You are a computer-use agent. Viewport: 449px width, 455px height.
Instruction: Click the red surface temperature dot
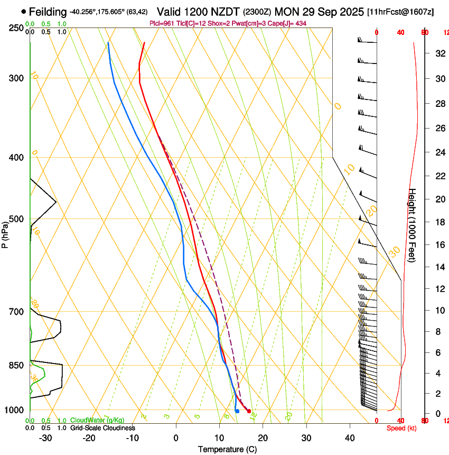tap(249, 411)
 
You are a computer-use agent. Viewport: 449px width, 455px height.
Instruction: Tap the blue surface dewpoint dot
tap(237, 411)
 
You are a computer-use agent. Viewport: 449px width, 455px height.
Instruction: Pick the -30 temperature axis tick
tap(45, 438)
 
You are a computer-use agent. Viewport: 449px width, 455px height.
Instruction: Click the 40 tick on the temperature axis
tap(350, 438)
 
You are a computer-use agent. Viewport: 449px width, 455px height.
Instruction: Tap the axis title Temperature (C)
tap(227, 449)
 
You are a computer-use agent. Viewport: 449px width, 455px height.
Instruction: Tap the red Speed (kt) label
tap(401, 428)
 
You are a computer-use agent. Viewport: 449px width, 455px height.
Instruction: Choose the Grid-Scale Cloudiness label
tap(102, 428)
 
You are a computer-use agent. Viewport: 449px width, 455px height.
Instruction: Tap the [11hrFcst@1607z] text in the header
tap(400, 12)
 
